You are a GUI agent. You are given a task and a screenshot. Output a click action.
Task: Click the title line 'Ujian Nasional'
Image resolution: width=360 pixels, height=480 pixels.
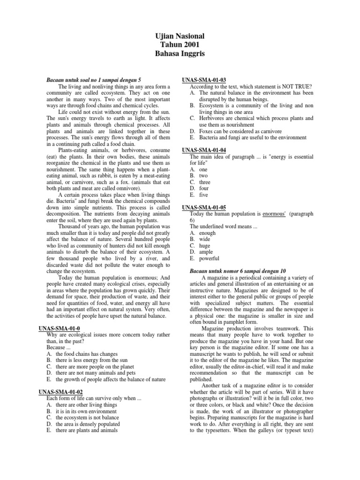(x=180, y=36)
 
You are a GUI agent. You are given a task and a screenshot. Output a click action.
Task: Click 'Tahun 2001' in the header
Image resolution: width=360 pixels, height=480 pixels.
(x=180, y=45)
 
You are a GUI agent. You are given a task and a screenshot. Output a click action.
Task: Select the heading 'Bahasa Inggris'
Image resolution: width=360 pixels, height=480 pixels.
(x=180, y=54)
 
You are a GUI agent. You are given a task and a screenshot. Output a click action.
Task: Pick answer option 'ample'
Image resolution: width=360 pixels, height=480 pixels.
(x=207, y=252)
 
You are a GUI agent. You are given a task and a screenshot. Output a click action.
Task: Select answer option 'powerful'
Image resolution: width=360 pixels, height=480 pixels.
(x=210, y=258)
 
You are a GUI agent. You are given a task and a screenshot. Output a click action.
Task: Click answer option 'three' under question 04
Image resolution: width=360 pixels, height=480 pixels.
(x=205, y=182)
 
